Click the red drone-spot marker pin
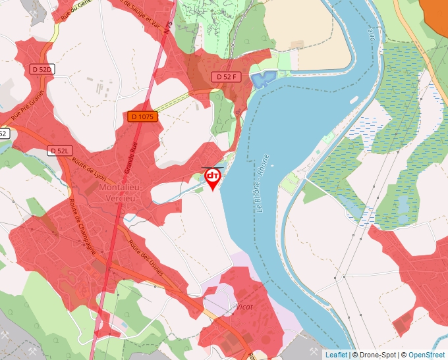click(x=213, y=178)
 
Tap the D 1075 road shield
click(x=142, y=116)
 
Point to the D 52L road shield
click(x=59, y=151)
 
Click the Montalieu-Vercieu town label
click(x=124, y=193)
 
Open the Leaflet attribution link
click(x=336, y=355)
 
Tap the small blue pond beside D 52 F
click(x=263, y=80)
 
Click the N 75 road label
click(x=170, y=30)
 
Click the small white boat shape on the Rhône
click(x=354, y=100)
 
